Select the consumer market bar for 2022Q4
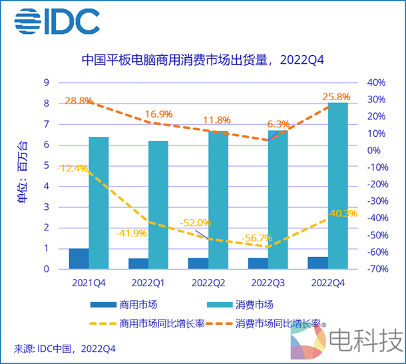337,186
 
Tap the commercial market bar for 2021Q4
79,258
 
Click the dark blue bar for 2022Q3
258,263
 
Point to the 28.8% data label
78,101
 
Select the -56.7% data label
257,238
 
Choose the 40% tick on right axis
376,82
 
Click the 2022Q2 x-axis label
208,284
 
